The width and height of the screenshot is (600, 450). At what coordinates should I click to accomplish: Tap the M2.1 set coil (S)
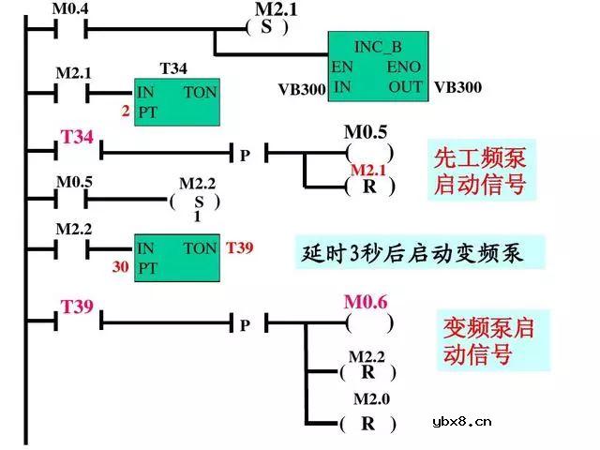coord(267,27)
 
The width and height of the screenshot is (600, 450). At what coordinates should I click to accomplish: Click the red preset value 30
coord(121,267)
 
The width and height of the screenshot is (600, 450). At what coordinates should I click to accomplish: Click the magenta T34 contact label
coord(77,137)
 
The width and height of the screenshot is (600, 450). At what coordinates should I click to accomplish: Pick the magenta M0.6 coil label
coord(366,302)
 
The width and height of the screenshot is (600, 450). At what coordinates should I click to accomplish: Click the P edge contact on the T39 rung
coord(245,324)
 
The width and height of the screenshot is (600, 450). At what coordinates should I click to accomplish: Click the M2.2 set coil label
coord(197,183)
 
